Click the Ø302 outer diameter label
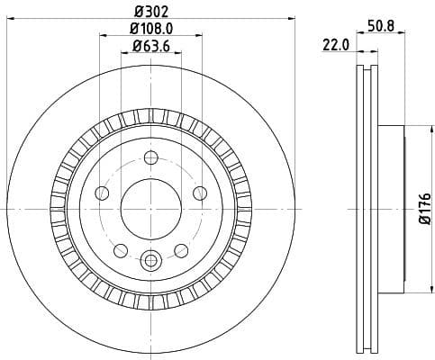150,12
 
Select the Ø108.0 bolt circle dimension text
150,30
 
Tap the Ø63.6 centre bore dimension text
150,46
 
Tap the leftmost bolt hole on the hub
102,193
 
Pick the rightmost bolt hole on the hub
199,193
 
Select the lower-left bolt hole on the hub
121,249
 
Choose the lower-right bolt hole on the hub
181,249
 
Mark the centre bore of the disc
150,208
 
